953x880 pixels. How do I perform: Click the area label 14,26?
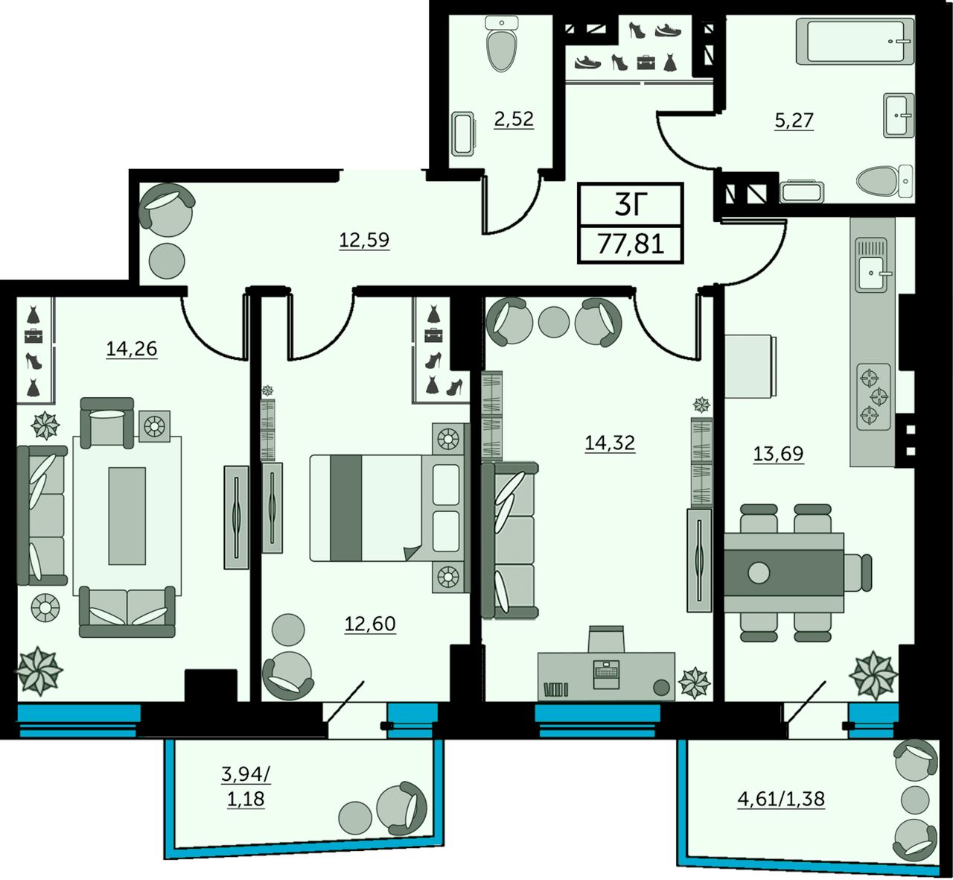click(x=132, y=349)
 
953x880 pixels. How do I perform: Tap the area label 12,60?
click(x=370, y=624)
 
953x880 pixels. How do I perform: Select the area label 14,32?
click(x=610, y=443)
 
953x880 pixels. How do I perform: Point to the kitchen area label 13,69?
click(x=778, y=453)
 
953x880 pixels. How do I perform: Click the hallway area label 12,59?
click(x=364, y=240)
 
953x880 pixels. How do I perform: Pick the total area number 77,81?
click(x=631, y=244)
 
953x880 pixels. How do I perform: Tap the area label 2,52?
click(x=514, y=118)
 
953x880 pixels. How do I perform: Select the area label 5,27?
click(x=794, y=120)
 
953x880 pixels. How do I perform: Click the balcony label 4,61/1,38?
click(x=781, y=798)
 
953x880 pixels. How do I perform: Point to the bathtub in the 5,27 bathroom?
click(x=855, y=41)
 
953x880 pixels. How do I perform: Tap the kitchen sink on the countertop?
click(x=873, y=273)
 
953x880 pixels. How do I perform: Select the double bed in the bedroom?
click(x=387, y=507)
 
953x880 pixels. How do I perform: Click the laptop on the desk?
click(x=606, y=674)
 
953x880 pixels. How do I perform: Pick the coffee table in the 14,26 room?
click(x=127, y=516)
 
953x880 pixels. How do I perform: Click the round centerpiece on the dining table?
click(x=759, y=572)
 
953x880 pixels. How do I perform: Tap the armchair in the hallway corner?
click(x=167, y=209)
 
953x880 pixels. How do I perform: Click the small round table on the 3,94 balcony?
click(x=355, y=819)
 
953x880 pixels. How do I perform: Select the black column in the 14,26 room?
click(x=211, y=686)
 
